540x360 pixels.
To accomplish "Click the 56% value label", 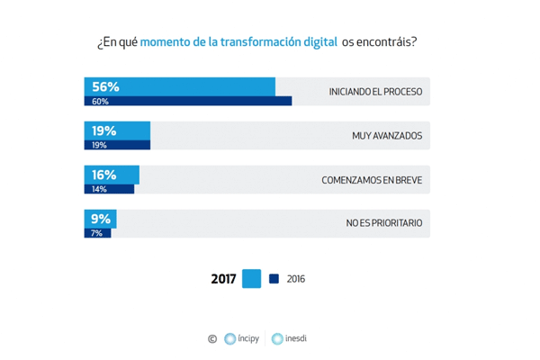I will pos(105,86).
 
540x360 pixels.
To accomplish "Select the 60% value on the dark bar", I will pos(99,102).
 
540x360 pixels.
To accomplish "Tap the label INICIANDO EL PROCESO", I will pos(375,92).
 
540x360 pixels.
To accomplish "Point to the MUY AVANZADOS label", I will pos(387,136).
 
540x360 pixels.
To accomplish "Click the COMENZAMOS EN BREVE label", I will pos(372,180).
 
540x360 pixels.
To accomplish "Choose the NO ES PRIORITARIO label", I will pos(383,223).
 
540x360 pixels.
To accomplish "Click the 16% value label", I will pos(104,175).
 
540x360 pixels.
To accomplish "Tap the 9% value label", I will pos(100,218).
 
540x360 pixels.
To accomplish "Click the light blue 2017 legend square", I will pos(251,279).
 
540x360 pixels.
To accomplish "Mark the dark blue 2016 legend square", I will pos(274,279).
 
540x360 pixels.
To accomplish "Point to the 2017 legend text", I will pos(223,279).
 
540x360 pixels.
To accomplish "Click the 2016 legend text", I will pos(296,279).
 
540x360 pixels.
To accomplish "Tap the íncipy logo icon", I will pos(230,339).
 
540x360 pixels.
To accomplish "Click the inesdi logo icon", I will pos(277,339).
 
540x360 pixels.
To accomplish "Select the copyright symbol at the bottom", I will pos(212,339).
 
